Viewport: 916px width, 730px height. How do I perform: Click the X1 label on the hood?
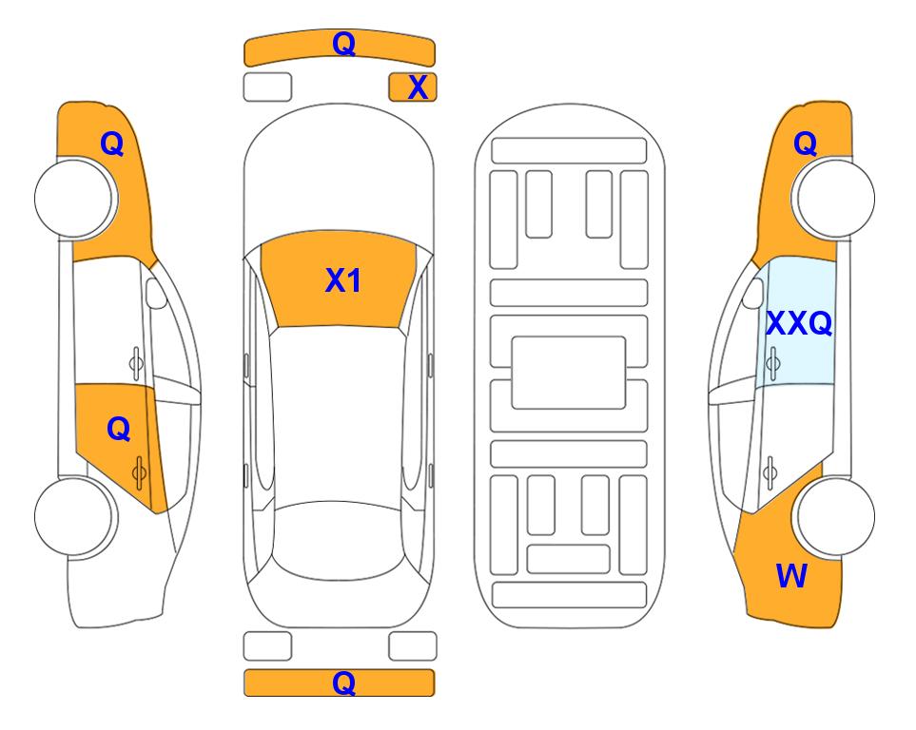tap(343, 280)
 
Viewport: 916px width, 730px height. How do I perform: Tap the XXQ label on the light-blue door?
tap(799, 323)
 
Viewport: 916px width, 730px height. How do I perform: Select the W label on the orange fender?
tap(791, 576)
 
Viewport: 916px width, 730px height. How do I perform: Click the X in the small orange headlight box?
tap(418, 87)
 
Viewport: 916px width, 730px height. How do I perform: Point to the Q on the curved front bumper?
tap(343, 44)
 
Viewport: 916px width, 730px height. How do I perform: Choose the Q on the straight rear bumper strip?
tap(343, 682)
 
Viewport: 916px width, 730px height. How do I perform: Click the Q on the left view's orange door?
tap(119, 430)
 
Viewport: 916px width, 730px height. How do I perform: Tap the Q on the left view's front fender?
tap(112, 144)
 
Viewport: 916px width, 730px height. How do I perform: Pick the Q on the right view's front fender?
tap(805, 144)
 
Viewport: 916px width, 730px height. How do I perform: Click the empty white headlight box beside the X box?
tap(267, 87)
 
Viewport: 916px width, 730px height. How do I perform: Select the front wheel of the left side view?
tap(75, 199)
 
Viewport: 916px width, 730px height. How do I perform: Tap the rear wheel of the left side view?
tap(75, 517)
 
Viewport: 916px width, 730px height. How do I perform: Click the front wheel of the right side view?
tap(834, 199)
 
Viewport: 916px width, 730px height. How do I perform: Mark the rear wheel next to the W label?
tap(834, 517)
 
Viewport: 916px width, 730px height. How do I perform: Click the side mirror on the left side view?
tap(156, 293)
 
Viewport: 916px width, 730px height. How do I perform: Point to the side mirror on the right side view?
tap(753, 293)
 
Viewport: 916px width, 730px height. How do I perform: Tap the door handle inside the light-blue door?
tap(772, 363)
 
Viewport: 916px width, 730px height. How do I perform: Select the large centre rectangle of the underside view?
tap(569, 373)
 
